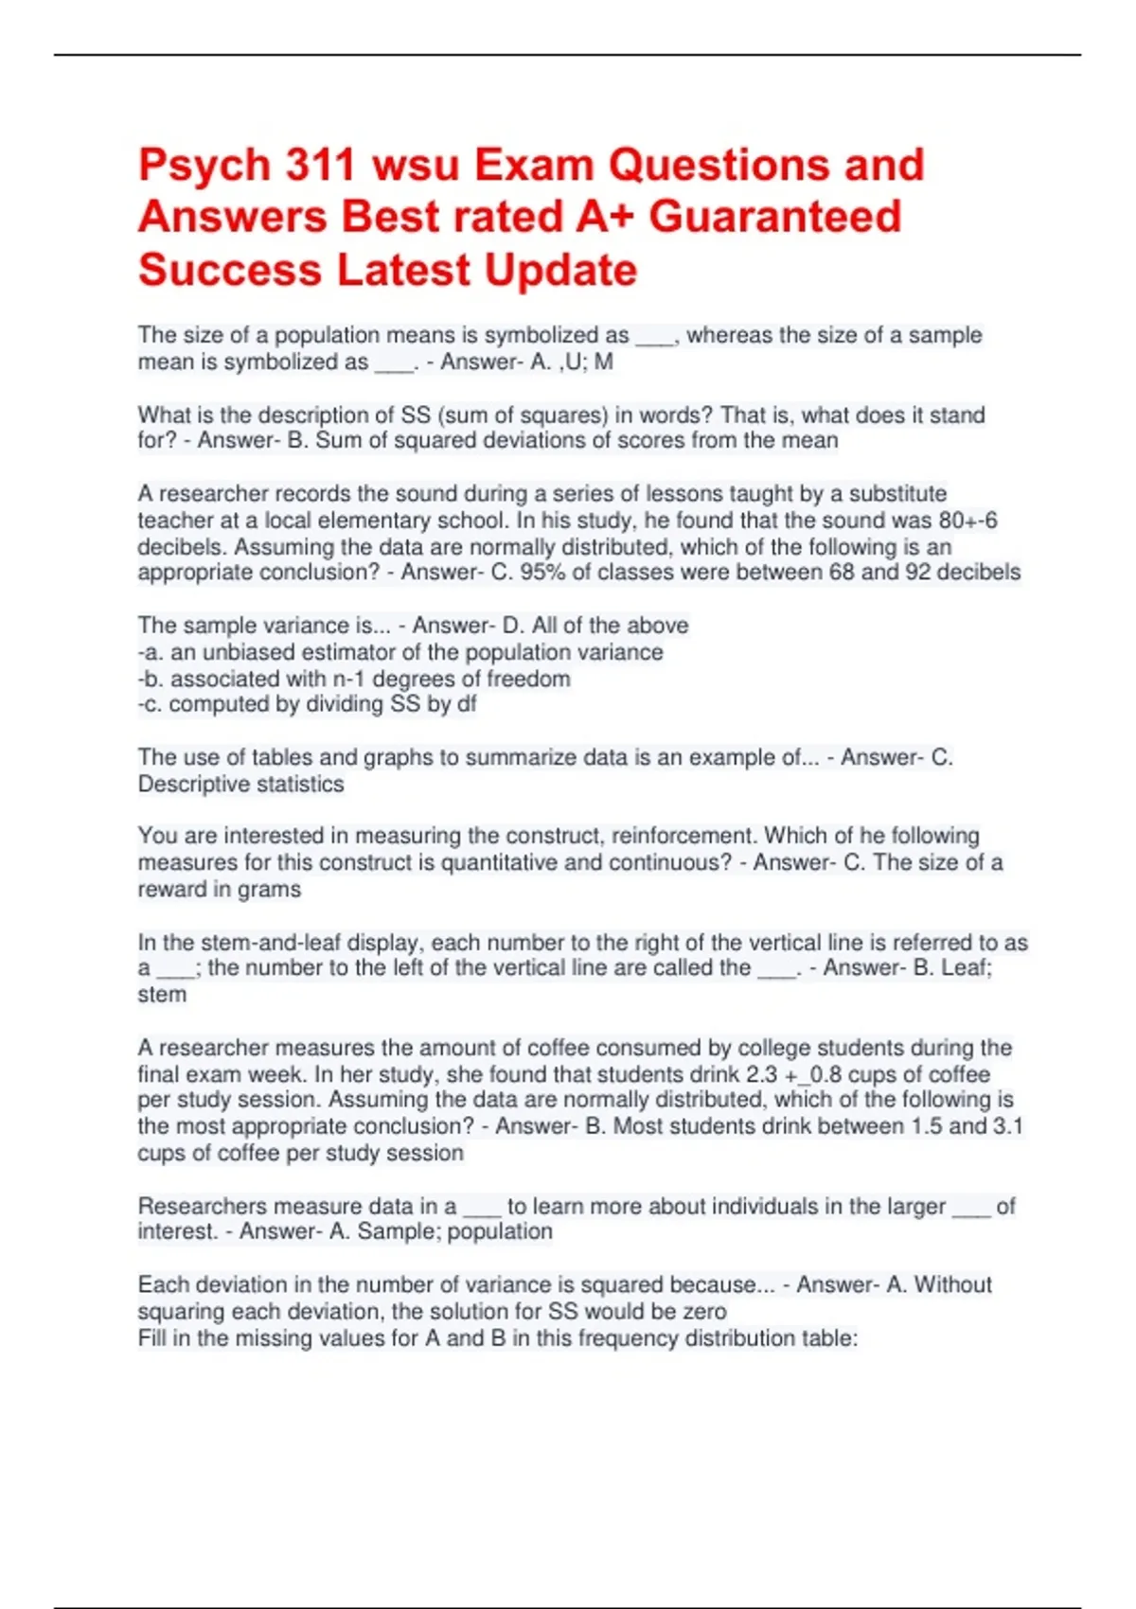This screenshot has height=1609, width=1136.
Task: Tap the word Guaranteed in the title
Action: (774, 217)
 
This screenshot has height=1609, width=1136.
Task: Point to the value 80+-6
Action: (967, 521)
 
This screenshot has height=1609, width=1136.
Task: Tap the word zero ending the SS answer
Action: (702, 1311)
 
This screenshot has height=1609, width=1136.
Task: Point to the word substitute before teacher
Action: (897, 494)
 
